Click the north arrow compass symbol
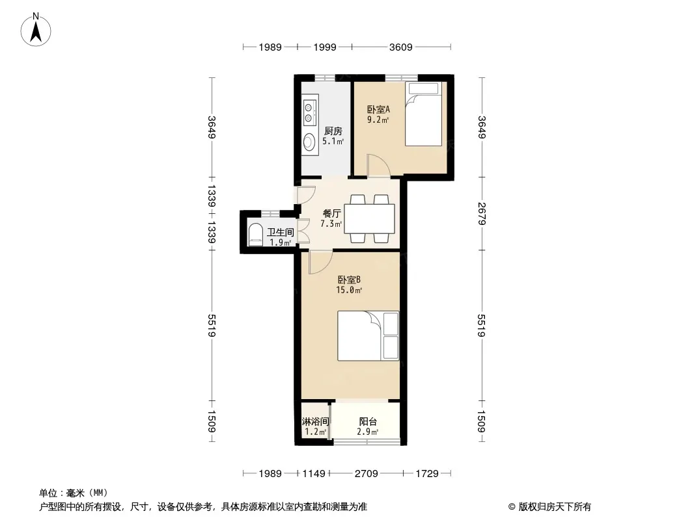point(36,30)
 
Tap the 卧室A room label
point(378,109)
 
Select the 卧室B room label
point(349,279)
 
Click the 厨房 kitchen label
point(333,131)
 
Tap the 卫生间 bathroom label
point(281,232)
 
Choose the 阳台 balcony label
point(368,422)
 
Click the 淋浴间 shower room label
point(315,422)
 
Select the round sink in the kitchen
point(309,142)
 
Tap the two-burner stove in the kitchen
point(309,111)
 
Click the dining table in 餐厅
point(370,218)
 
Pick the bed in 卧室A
point(424,114)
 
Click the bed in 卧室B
point(368,336)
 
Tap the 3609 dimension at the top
point(401,47)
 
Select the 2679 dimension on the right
point(482,214)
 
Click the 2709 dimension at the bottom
point(367,474)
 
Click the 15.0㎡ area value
point(349,291)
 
